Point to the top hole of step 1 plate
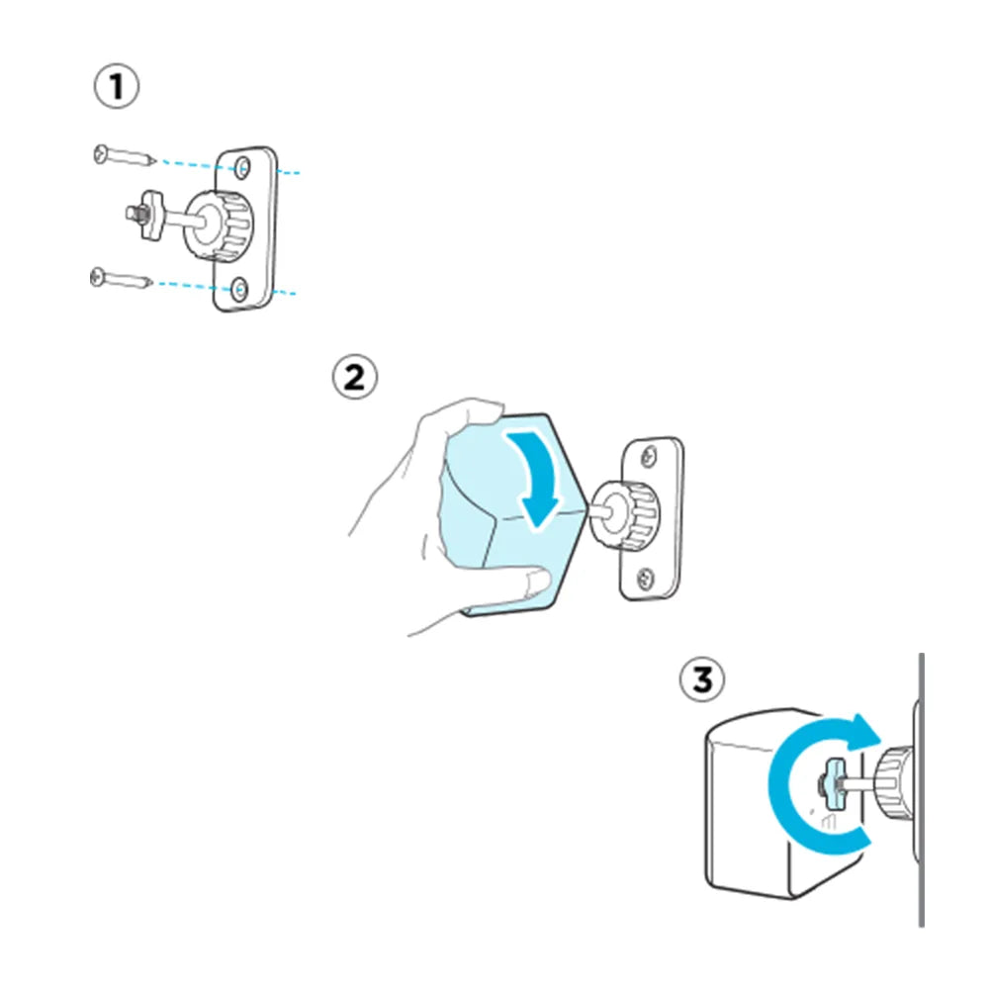point(242,170)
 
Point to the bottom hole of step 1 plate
point(241,289)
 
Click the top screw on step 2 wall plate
point(647,455)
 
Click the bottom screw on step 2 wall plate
point(645,575)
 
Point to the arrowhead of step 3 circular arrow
point(864,733)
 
